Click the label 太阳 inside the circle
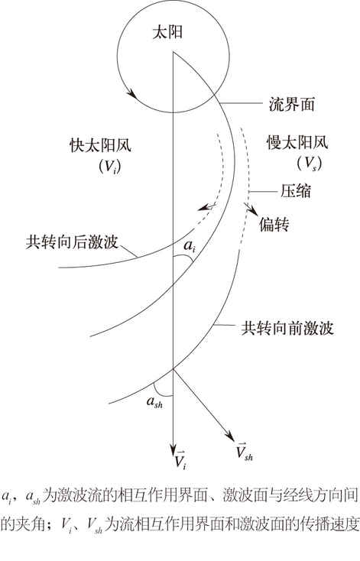coord(167,33)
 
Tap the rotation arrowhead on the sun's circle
coord(131,94)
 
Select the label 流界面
coord(292,105)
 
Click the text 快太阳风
coord(101,146)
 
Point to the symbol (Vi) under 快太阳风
coord(109,167)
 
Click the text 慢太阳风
coord(297,143)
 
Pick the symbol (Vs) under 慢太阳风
coord(309,164)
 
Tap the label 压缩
coord(296,191)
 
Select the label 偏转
coord(274,225)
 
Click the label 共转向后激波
coord(72,242)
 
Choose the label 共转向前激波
coord(287,328)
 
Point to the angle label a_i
coord(190,246)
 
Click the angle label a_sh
coord(154,402)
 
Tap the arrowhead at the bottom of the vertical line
coord(174,449)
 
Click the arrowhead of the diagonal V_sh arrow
coord(231,436)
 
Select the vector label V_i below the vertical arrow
coord(180,460)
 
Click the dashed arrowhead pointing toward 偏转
coord(252,210)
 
